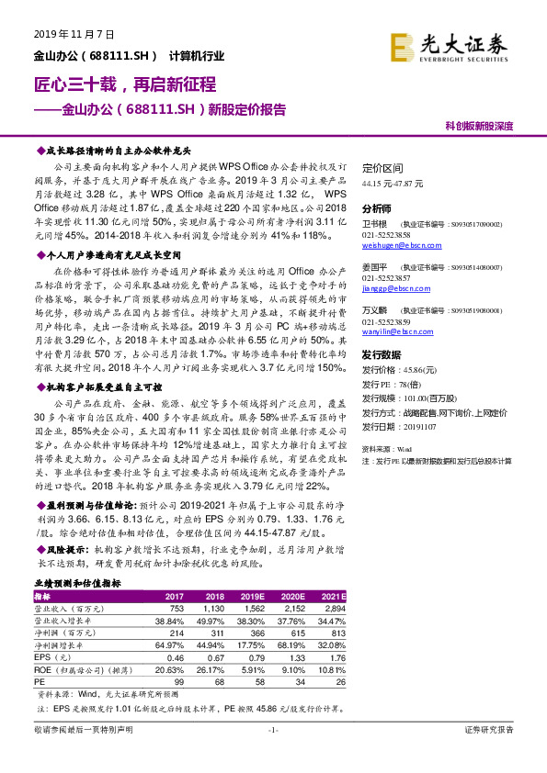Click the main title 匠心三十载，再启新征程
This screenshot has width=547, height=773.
click(x=119, y=84)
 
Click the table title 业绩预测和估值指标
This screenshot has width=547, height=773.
click(x=76, y=583)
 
